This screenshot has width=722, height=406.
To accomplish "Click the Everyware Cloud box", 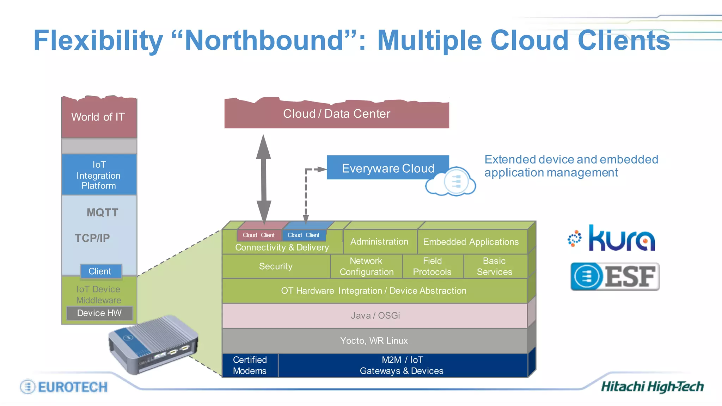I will pos(388,168).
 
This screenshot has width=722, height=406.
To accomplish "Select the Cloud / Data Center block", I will pos(337,114).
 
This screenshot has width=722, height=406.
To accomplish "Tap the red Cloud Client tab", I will pos(258,235).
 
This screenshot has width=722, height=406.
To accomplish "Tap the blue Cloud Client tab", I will pos(304,235).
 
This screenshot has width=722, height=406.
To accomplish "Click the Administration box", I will pos(379,242).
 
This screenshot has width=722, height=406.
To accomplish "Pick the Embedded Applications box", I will pos(471,242).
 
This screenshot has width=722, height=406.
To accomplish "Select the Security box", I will pos(276,266).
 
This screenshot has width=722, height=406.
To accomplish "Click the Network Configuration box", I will pos(367,266).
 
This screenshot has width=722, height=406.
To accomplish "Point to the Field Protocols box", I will pos(432,266).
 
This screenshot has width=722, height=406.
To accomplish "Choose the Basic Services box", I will pos(495,266).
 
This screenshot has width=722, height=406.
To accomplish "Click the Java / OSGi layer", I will pos(375,315).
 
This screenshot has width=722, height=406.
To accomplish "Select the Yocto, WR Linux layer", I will pos(374,341).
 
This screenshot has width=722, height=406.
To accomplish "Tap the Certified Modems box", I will pos(250,365).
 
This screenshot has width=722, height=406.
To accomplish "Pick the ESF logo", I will pos(615,277).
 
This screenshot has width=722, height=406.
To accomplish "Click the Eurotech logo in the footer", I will pos(64,387).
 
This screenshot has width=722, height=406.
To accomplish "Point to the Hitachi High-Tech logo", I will pos(652,387).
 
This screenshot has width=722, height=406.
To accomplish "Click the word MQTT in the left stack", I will pos(102,213).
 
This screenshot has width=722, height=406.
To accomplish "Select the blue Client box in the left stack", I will pos(100,271).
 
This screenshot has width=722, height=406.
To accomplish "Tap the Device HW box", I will pos(99,313).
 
